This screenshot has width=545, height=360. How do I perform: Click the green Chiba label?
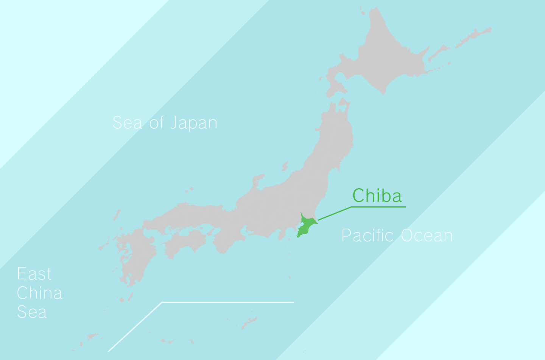377,196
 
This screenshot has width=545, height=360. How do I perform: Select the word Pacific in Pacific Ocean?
367,235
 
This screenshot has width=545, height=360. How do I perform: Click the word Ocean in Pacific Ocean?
427,235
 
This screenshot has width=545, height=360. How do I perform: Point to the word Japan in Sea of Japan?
193,123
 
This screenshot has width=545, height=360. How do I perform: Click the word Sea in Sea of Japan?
127,123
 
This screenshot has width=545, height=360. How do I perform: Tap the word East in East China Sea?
34,274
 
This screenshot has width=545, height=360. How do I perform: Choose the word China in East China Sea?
39,293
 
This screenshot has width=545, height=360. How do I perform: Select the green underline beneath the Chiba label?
378,207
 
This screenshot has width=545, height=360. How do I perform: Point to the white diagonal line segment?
135,327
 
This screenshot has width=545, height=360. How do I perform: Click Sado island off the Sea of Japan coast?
285,166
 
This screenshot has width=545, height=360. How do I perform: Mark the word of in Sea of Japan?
157,123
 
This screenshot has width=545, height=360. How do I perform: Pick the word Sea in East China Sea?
32,312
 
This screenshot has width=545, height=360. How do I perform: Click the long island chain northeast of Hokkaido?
473,36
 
